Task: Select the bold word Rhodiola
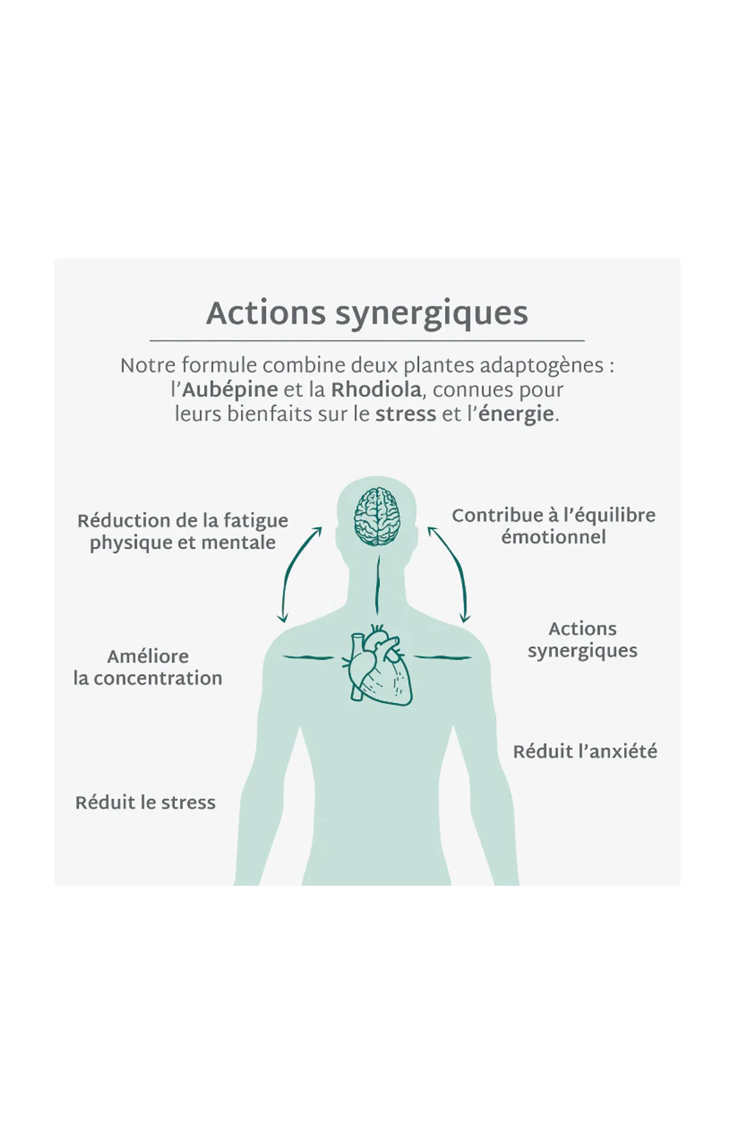(376, 390)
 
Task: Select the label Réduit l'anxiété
(585, 751)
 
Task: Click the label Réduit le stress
(145, 802)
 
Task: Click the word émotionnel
(554, 537)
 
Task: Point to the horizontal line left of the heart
(308, 658)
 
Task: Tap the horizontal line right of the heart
(443, 658)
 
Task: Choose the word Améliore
(148, 657)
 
